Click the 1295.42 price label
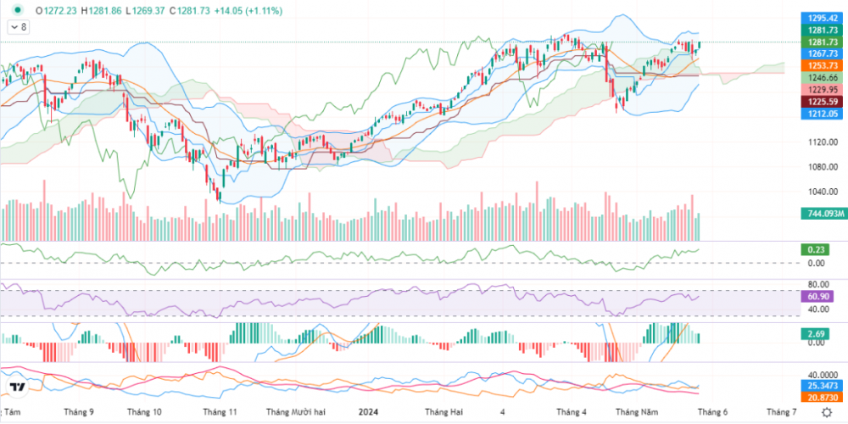coord(823,18)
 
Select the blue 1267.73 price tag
coord(823,53)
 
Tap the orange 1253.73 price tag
coord(823,65)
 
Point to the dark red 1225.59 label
coord(823,101)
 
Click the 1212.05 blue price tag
coord(823,113)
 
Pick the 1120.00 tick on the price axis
coord(823,142)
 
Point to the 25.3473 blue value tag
coord(823,386)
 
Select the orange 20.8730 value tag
coord(823,397)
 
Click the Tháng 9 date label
coord(79,411)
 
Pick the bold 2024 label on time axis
coord(367,411)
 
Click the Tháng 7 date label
coord(782,411)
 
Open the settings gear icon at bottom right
coord(827,411)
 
